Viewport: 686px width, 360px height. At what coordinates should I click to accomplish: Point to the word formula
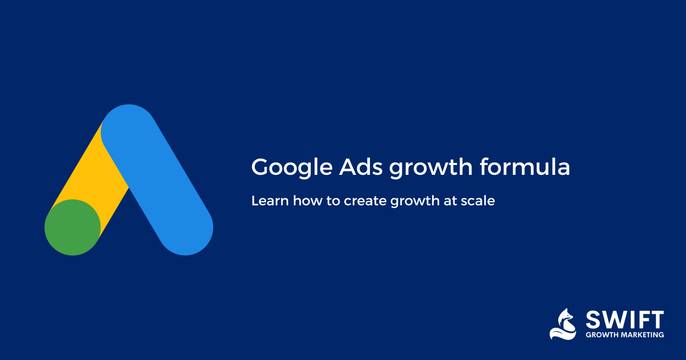tap(525, 167)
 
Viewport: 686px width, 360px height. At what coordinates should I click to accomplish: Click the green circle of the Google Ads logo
tap(73, 227)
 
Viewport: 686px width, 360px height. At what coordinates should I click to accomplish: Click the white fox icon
tap(563, 324)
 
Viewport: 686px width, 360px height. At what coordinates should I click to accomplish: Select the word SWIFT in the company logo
tap(625, 320)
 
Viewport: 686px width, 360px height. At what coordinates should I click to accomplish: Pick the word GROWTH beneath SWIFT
tap(602, 335)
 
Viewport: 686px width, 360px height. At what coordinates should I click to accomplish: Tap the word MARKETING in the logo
tap(642, 335)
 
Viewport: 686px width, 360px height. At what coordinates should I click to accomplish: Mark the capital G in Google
tap(261, 168)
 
